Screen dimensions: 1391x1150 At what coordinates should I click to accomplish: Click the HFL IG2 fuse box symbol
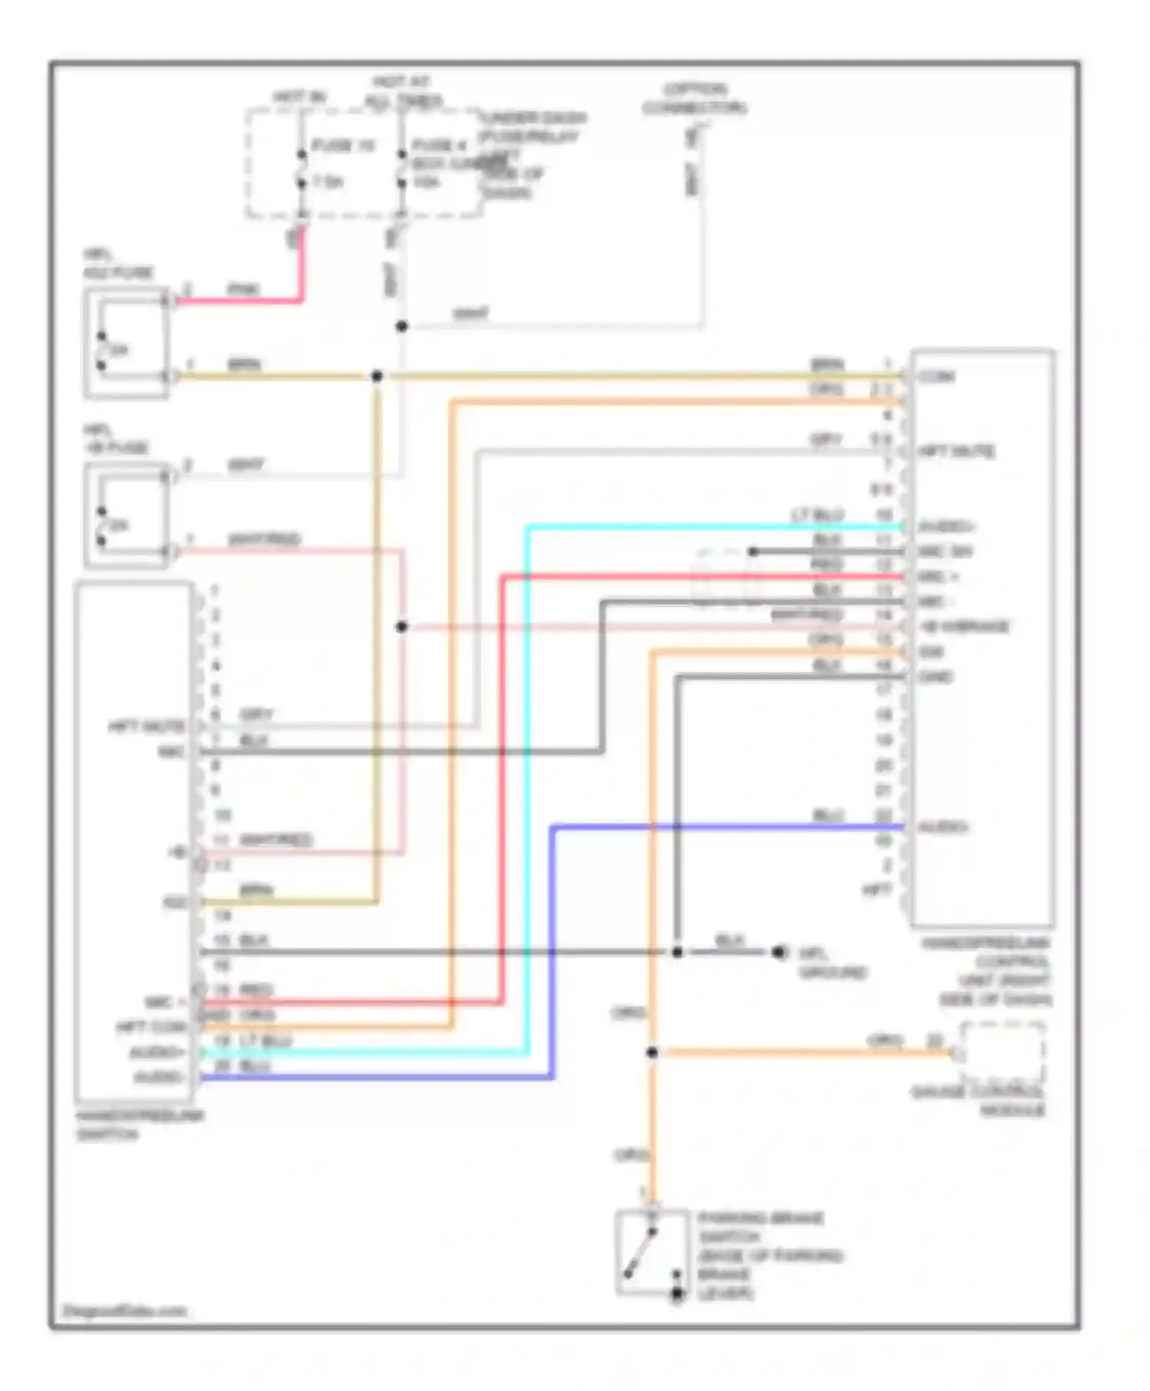tap(127, 343)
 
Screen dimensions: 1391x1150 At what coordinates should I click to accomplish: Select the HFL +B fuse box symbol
tap(127, 515)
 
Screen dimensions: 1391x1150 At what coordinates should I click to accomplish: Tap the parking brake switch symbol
tap(652, 1255)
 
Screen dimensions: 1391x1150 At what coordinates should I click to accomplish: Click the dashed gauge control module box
tap(1002, 1053)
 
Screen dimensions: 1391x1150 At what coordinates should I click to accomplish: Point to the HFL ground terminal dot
tap(779, 952)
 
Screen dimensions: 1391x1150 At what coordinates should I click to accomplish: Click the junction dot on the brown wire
tap(376, 377)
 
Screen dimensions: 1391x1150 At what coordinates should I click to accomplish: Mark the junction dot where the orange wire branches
tap(652, 1053)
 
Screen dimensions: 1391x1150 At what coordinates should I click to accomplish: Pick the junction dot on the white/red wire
tap(402, 627)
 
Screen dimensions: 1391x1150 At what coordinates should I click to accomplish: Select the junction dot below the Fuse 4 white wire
tap(402, 327)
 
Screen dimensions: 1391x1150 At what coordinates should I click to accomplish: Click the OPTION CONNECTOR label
tap(695, 99)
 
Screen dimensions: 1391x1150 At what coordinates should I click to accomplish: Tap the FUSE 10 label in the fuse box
tap(343, 146)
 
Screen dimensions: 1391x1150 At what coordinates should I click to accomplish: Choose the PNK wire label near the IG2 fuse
tap(244, 289)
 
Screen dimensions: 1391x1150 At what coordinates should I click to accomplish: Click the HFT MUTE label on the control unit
tap(957, 451)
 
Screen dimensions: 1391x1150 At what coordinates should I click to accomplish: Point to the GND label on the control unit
tap(935, 677)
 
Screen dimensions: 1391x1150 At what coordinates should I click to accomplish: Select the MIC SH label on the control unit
tap(945, 552)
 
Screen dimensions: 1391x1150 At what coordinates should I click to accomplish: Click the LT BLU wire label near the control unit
tap(818, 515)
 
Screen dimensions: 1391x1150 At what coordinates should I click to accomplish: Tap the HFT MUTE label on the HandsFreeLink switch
tap(146, 725)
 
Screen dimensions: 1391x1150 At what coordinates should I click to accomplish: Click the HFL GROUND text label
tap(833, 963)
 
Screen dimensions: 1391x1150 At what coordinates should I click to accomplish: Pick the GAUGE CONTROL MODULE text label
tap(979, 1101)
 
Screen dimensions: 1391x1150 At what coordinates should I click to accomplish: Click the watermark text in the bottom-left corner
tap(124, 1310)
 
